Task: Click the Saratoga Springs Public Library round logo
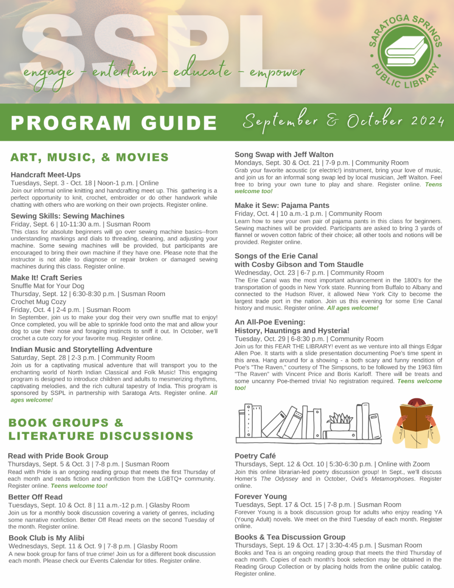405,52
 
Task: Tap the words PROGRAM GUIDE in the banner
113,123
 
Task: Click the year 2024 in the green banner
428,121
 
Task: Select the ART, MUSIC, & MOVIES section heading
90,157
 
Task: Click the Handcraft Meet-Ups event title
45,175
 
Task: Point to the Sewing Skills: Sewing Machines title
67,216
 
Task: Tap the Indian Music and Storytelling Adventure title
81,349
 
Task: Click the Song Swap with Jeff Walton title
284,154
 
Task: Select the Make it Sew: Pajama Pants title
282,205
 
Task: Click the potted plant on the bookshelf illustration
340,421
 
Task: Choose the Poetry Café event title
255,456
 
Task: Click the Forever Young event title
261,496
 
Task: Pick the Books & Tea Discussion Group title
290,537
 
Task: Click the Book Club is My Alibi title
47,538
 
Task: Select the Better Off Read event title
35,497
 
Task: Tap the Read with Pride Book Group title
58,456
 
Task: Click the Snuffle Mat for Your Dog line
47,286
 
